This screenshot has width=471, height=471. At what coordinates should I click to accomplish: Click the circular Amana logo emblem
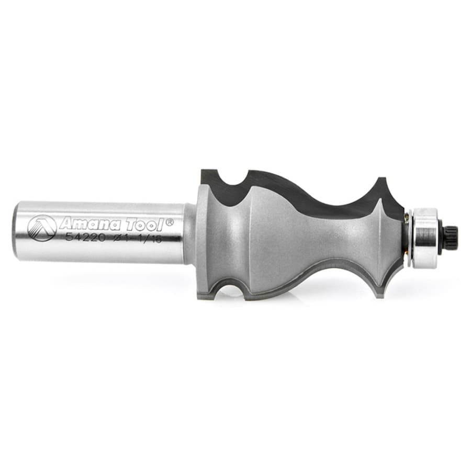pyautogui.click(x=42, y=228)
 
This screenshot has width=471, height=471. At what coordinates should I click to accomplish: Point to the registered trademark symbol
pyautogui.click(x=170, y=222)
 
